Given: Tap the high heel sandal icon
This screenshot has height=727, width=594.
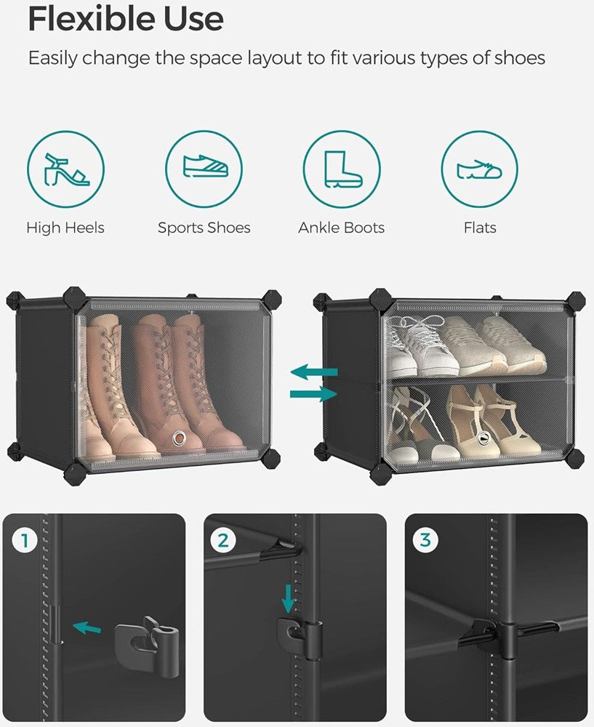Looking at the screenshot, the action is click(x=65, y=169).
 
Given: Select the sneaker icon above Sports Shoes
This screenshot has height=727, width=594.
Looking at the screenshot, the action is click(x=204, y=166).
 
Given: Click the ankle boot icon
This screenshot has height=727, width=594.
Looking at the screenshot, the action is click(x=342, y=169).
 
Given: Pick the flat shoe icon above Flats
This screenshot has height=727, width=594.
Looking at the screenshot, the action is click(x=479, y=169).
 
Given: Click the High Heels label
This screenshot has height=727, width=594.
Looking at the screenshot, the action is click(x=65, y=228).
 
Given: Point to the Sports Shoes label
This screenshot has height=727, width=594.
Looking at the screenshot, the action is click(x=204, y=228).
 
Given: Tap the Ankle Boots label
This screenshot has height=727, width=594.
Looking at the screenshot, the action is click(x=341, y=228).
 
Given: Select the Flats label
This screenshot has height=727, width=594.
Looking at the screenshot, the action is click(x=480, y=228).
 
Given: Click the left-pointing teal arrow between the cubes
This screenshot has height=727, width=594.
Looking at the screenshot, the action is click(x=314, y=371).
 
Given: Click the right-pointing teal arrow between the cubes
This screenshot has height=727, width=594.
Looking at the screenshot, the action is click(x=314, y=394).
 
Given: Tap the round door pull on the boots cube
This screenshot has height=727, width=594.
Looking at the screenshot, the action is click(x=177, y=438).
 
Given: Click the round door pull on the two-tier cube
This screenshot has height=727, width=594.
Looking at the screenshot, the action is click(x=483, y=436).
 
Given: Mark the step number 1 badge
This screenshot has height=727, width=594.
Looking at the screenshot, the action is click(x=24, y=541).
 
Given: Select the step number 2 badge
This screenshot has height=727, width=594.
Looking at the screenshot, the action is click(x=223, y=541).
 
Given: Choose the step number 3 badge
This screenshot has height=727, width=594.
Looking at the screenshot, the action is click(x=425, y=539).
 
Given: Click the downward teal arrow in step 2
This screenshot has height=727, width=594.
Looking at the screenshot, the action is click(x=289, y=598).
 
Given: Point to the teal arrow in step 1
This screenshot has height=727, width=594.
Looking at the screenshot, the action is click(x=87, y=628).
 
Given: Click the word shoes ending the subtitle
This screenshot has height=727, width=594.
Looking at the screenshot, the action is click(x=519, y=58).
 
